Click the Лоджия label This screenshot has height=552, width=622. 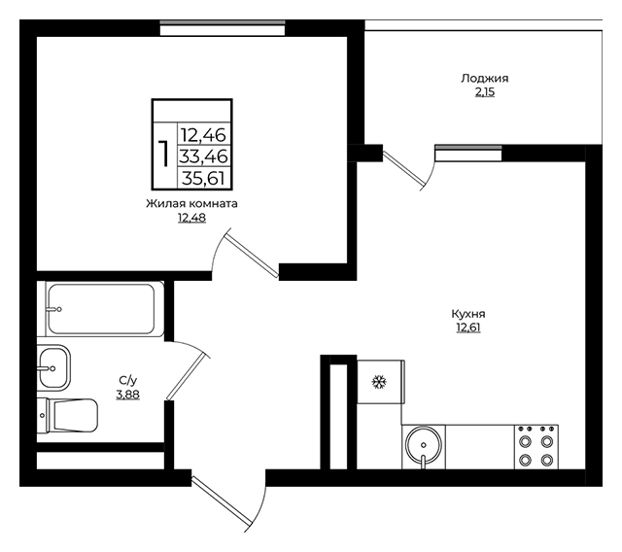(x=484, y=79)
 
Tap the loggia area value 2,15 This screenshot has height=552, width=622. (x=485, y=92)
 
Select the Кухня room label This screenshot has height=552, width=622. (x=468, y=314)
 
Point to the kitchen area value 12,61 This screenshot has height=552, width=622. (x=468, y=328)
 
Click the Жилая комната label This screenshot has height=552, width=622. (x=192, y=204)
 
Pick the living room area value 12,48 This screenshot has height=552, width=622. (x=192, y=218)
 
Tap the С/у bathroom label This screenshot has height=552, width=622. (x=127, y=381)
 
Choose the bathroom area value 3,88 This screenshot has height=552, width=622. (x=127, y=395)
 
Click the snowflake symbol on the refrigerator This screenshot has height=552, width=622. (x=379, y=382)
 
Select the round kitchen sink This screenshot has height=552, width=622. (x=424, y=446)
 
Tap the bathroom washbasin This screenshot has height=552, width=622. (x=53, y=367)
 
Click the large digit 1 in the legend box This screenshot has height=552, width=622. (x=163, y=154)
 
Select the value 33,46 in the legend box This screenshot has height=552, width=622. (x=203, y=156)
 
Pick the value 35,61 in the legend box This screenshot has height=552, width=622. (x=204, y=178)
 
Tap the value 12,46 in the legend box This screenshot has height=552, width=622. (x=203, y=135)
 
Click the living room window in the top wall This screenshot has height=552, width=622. (x=223, y=28)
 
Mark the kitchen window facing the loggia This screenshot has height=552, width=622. (x=468, y=154)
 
